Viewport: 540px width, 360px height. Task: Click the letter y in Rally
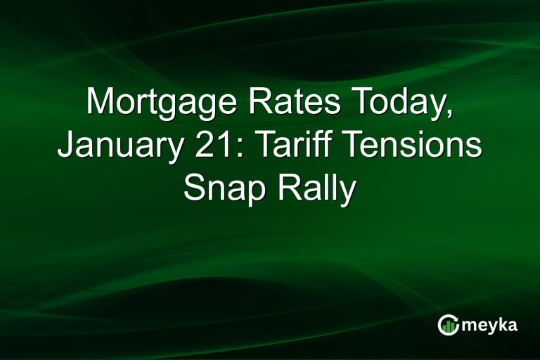point(344,191)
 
